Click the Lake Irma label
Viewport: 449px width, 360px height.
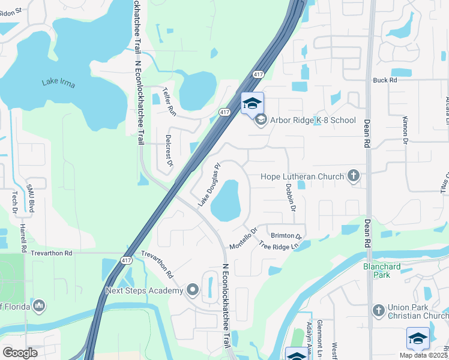[58, 83]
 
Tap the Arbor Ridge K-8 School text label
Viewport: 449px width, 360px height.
[313, 121]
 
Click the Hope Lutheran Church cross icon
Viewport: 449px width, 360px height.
[354, 176]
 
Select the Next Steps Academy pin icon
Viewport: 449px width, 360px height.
[193, 291]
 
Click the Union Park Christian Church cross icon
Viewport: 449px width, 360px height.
[378, 310]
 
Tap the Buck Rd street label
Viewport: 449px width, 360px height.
[385, 80]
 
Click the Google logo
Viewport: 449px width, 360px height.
[20, 352]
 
